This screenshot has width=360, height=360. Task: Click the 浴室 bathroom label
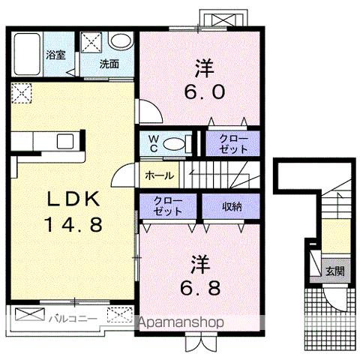pos(55,54)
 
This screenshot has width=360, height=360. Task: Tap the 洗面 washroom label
pos(109,64)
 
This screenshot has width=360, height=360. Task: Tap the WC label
pos(153,142)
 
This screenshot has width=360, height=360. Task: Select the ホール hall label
pos(157,176)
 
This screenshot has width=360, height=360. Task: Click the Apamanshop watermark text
pos(184,322)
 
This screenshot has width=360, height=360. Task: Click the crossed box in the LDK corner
pos(22,94)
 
